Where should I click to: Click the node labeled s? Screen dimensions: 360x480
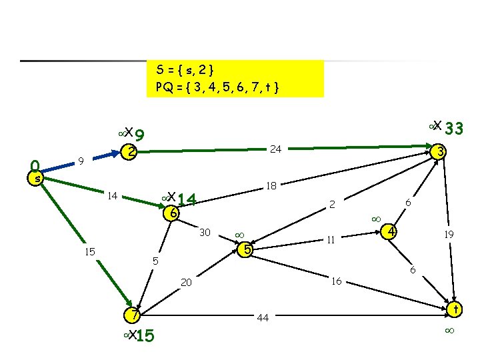tap(38, 178)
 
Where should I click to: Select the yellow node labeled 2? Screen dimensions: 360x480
tap(131, 152)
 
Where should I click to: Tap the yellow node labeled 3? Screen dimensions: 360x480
tap(439, 152)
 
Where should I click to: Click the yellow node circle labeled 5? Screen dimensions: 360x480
tap(246, 250)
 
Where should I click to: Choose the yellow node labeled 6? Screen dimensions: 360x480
tap(173, 213)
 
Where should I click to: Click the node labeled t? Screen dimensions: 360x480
tap(455, 309)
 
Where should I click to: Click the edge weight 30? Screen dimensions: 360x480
tap(205, 232)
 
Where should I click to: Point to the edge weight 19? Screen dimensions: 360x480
tap(450, 234)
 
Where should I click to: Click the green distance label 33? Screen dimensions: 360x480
tap(455, 128)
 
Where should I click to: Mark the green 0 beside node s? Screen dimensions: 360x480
tap(36, 164)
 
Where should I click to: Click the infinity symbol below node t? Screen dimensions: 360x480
tap(450, 331)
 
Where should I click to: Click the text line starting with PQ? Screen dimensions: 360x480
tap(217, 87)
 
